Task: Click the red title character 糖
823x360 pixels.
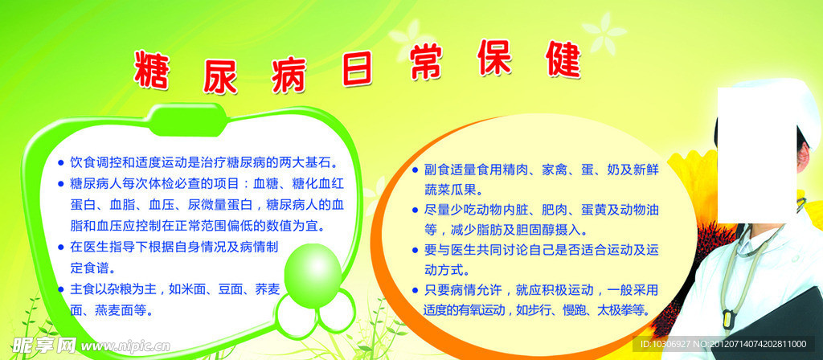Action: click(x=151, y=71)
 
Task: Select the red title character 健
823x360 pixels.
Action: click(x=563, y=59)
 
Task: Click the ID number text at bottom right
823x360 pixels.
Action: click(x=723, y=344)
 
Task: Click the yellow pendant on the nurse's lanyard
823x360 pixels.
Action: click(x=727, y=317)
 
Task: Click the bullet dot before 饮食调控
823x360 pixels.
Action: click(x=60, y=162)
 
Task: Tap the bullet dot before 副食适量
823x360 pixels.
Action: click(x=415, y=170)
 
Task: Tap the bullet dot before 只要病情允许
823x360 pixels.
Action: click(x=415, y=290)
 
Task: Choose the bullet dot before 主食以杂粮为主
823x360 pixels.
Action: click(x=60, y=289)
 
